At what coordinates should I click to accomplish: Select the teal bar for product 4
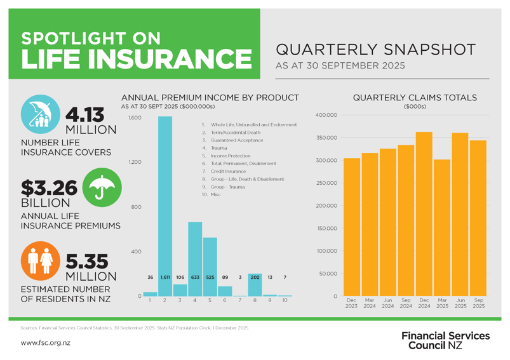pos(195,254)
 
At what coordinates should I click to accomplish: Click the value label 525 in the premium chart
pos(210,277)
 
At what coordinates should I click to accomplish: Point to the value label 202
pos(255,277)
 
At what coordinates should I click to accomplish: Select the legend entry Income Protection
pos(226,156)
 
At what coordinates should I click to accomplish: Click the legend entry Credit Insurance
pos(224,171)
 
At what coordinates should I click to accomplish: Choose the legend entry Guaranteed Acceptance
pos(233,140)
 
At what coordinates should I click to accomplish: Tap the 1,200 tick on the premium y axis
pos(133,163)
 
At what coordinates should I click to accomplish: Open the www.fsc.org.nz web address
pos(45,343)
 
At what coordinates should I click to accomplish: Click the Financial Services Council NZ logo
pos(445,340)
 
